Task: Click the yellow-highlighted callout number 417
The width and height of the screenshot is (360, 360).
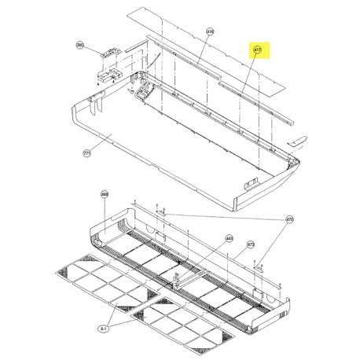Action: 257,50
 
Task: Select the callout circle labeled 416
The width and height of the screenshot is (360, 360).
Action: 210,32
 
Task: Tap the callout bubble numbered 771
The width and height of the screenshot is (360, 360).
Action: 87,154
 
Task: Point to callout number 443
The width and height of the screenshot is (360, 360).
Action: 230,237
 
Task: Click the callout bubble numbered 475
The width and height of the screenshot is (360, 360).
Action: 288,219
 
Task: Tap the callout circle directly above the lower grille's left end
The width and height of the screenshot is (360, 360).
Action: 104,194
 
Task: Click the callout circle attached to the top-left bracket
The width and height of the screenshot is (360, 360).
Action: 79,46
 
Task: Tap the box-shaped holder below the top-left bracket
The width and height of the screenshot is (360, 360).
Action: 105,76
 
